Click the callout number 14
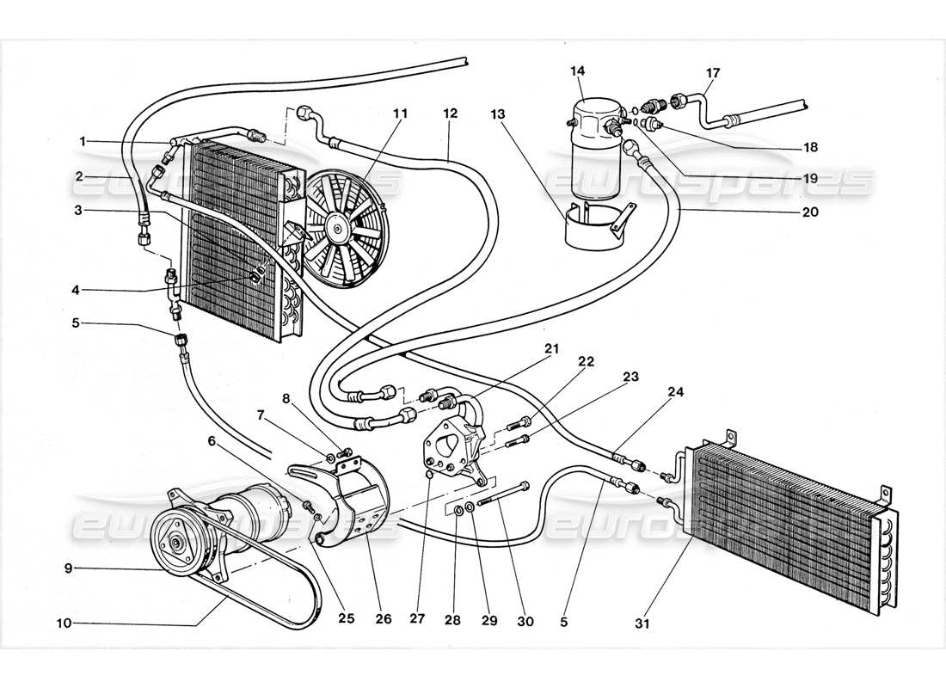click(x=575, y=71)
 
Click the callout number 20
click(x=808, y=211)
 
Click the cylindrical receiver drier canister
click(x=593, y=146)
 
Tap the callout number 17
click(x=713, y=72)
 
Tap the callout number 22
click(x=586, y=361)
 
